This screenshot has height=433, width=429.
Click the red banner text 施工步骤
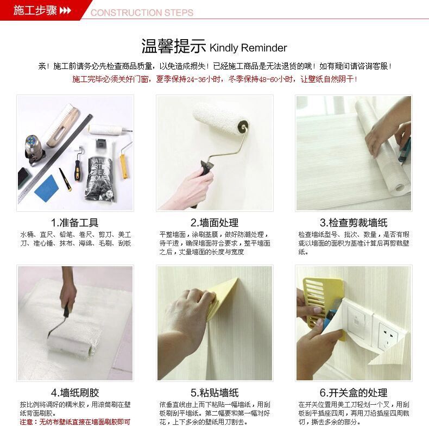coord(35,10)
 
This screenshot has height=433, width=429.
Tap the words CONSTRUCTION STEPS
coord(142,12)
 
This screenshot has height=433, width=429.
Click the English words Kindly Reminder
coord(248,47)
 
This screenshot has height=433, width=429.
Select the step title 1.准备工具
coord(74,222)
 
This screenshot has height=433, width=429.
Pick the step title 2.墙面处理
coord(214,222)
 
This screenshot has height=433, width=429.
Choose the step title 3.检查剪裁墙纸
coord(354,222)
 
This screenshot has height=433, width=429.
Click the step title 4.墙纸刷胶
coord(75,392)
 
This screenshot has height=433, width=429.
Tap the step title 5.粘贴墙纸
coord(214,392)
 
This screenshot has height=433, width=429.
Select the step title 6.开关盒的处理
coord(354,392)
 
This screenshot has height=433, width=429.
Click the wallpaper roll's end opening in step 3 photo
coord(400,188)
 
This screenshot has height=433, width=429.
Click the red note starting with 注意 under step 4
coord(75,422)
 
